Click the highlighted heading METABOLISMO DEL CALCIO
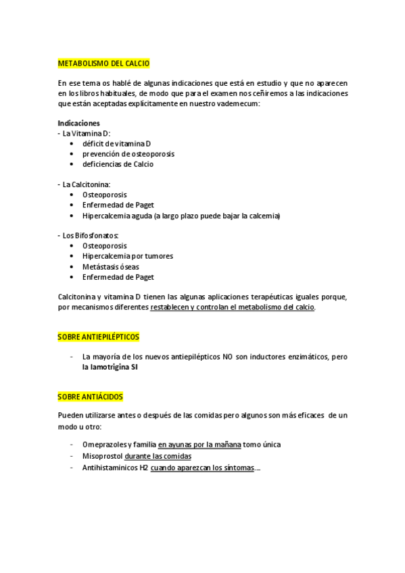(x=104, y=64)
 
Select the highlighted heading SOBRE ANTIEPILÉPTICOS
(x=99, y=336)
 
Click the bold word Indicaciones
(x=79, y=123)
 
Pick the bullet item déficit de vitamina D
(x=116, y=144)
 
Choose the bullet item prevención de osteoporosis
(x=128, y=154)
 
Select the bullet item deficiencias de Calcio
(x=118, y=164)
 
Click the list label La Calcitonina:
(x=87, y=184)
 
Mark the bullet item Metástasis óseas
(x=111, y=266)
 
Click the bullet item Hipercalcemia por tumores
(x=128, y=256)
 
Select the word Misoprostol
(x=102, y=456)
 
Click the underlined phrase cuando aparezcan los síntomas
(x=203, y=468)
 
